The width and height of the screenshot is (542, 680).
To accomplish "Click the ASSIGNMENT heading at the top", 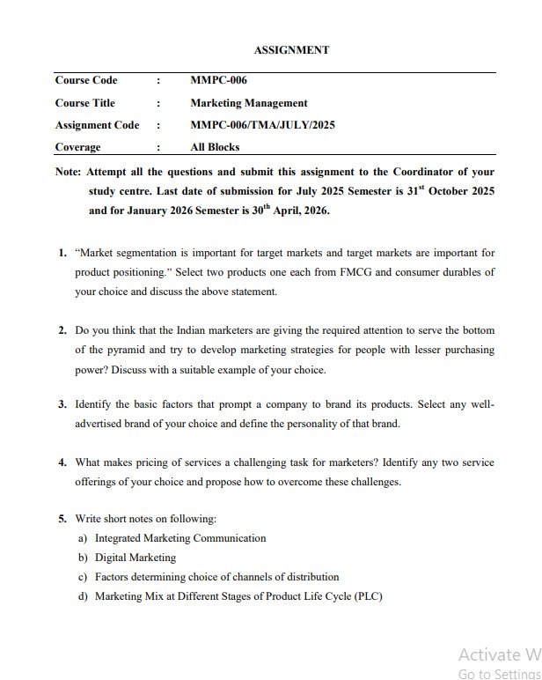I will pyautogui.click(x=291, y=50).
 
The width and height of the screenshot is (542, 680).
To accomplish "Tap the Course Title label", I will pyautogui.click(x=85, y=103).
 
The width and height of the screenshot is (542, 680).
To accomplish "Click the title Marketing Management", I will pyautogui.click(x=249, y=103).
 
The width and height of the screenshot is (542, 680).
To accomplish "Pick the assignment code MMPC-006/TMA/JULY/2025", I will pyautogui.click(x=262, y=125).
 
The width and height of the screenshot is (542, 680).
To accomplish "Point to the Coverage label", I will pyautogui.click(x=77, y=147).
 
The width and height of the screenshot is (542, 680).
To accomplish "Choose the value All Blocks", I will pyautogui.click(x=215, y=147).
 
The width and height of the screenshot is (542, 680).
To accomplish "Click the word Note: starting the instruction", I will pyautogui.click(x=68, y=172).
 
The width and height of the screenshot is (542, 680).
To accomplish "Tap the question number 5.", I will pyautogui.click(x=62, y=519).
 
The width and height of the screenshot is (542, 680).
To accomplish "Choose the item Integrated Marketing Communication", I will pyautogui.click(x=180, y=538).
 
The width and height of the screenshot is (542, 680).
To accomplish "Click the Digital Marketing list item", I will pyautogui.click(x=135, y=558).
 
